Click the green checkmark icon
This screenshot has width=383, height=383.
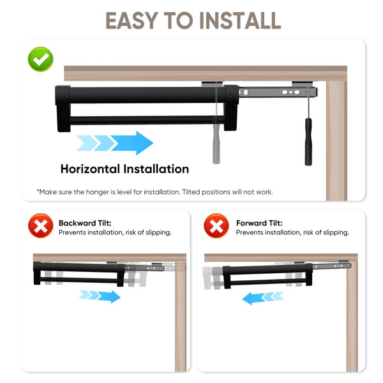pyautogui.click(x=41, y=59)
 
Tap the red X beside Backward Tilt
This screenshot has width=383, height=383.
pyautogui.click(x=41, y=226)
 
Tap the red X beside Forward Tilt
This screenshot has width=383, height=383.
pyautogui.click(x=216, y=226)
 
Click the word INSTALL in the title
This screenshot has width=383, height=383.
pyautogui.click(x=240, y=21)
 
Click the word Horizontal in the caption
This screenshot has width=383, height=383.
pyautogui.click(x=90, y=169)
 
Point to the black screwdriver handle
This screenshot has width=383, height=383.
pyautogui.click(x=308, y=142)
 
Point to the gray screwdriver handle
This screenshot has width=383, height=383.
pyautogui.click(x=216, y=140)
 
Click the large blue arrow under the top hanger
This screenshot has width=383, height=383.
pyautogui.click(x=115, y=143)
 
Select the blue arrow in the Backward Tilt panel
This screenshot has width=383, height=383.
pyautogui.click(x=100, y=296)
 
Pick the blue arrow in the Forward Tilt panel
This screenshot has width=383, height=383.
pyautogui.click(x=263, y=297)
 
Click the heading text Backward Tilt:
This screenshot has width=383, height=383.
pyautogui.click(x=85, y=223)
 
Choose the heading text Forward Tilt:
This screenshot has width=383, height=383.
pyautogui.click(x=259, y=223)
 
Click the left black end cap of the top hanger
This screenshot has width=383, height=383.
pyautogui.click(x=63, y=109)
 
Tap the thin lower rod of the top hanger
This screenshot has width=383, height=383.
pyautogui.click(x=147, y=120)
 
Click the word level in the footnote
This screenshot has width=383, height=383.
pyautogui.click(x=125, y=192)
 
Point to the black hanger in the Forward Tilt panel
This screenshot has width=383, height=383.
pyautogui.click(x=267, y=275)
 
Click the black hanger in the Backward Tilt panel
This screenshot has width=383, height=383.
pyautogui.click(x=79, y=274)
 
